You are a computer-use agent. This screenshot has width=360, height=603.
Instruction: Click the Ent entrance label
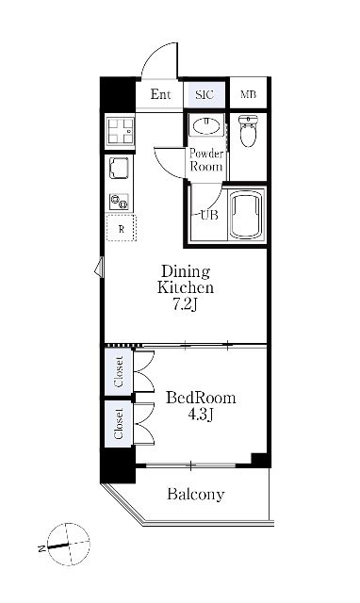click(160, 94)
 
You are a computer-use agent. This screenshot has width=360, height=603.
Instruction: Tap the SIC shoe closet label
click(205, 94)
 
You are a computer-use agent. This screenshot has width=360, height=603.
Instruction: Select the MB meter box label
click(248, 94)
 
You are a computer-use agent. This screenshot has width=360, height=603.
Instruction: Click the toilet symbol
click(248, 131)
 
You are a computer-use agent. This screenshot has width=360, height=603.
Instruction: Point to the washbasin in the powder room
click(206, 125)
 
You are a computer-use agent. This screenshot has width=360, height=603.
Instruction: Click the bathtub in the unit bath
click(247, 214)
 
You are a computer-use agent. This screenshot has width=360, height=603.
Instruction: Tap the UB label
click(209, 215)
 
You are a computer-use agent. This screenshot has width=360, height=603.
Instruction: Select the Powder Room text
click(206, 160)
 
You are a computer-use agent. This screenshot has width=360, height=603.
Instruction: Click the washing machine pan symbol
click(121, 131)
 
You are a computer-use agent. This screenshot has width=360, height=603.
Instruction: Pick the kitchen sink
click(120, 169)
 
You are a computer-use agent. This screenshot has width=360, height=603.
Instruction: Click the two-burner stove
click(119, 202)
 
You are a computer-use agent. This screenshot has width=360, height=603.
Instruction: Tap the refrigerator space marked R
click(122, 228)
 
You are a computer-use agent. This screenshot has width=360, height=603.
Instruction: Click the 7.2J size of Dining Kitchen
click(185, 305)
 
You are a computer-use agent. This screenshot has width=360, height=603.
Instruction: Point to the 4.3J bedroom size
click(201, 415)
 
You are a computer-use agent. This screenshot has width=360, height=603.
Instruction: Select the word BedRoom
click(201, 398)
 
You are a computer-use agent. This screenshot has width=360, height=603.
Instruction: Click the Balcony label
click(196, 494)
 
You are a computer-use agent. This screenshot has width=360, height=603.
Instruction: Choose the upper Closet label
click(119, 372)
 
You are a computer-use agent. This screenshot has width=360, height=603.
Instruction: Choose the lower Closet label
click(119, 423)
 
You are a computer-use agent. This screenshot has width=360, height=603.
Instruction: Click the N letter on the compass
click(41, 548)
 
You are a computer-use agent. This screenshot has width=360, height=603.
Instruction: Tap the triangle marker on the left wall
click(99, 267)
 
